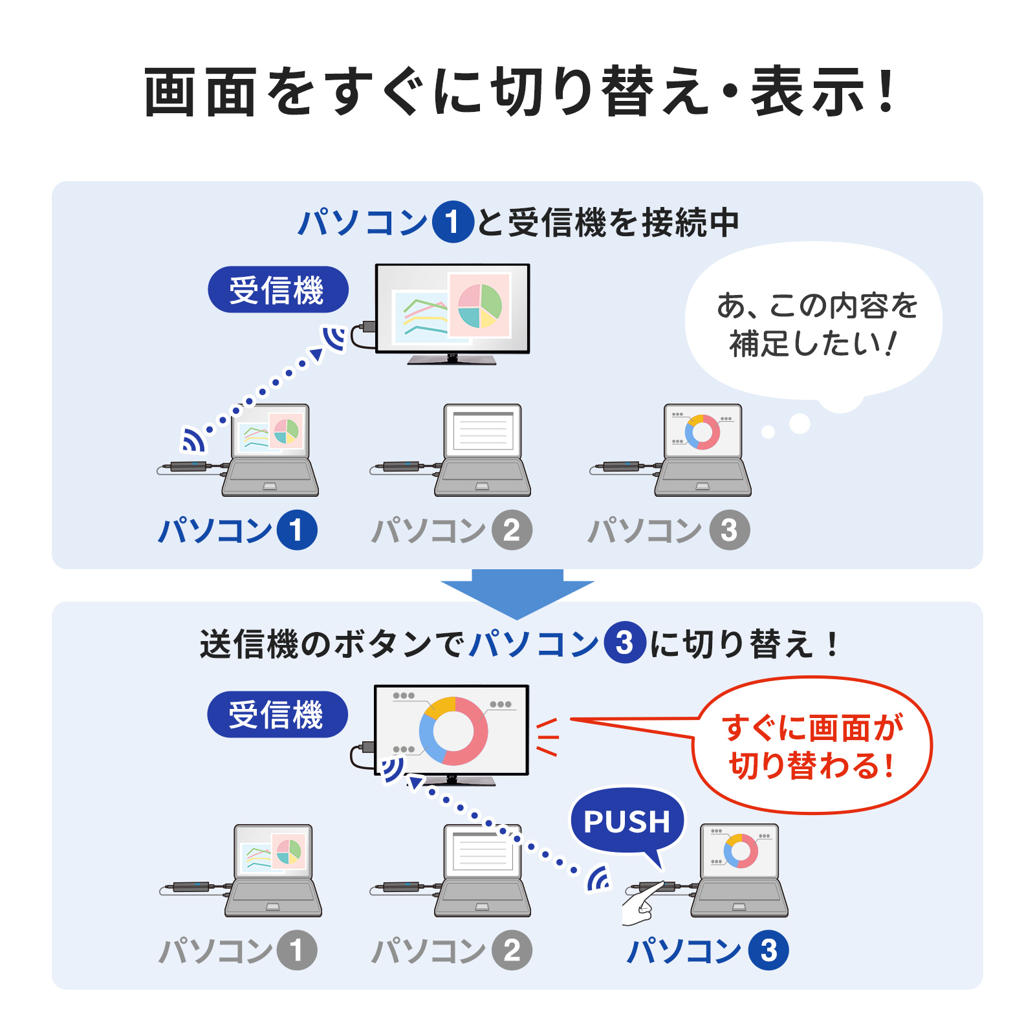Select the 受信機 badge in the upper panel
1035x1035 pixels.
pyautogui.click(x=278, y=290)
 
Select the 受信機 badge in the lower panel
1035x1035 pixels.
pyautogui.click(x=278, y=715)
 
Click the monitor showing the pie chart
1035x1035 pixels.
pyautogui.click(x=453, y=314)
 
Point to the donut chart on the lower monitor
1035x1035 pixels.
pyautogui.click(x=453, y=731)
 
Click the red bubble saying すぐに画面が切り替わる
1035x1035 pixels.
pyautogui.click(x=812, y=745)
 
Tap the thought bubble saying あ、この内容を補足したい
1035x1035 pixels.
pyautogui.click(x=814, y=323)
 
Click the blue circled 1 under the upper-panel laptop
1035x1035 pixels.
pyautogui.click(x=297, y=530)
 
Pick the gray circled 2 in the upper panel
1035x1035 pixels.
pyautogui.click(x=512, y=530)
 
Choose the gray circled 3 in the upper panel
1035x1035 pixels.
pyautogui.click(x=730, y=530)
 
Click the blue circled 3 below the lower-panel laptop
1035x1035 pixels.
pyautogui.click(x=768, y=950)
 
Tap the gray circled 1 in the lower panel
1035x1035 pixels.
pyautogui.click(x=297, y=950)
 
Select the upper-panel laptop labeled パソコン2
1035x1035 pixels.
pyautogui.click(x=483, y=450)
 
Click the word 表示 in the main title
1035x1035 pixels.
pyautogui.click(x=809, y=93)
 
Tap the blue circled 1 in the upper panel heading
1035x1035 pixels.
pyautogui.click(x=453, y=222)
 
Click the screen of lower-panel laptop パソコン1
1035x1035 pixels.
pyautogui.click(x=272, y=851)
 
